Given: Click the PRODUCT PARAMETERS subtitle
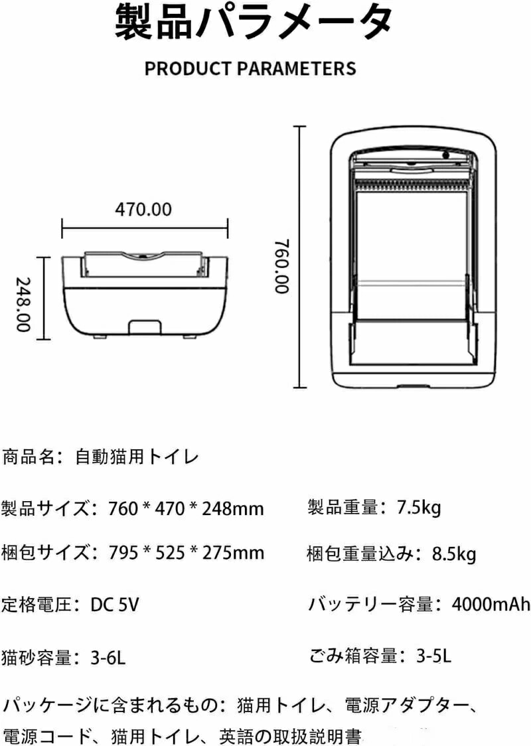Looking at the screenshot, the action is tap(250, 68).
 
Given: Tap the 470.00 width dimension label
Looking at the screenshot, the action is tap(143, 209).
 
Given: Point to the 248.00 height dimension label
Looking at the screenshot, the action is tap(23, 305).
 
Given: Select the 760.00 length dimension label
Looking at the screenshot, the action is tap(281, 266).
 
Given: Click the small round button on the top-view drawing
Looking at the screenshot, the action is tap(446, 155).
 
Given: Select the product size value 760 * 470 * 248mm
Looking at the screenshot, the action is tap(186, 508).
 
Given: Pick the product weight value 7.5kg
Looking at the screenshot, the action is tap(419, 508).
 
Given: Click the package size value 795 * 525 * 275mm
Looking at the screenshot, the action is tap(186, 552).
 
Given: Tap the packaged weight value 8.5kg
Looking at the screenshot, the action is tap(454, 554).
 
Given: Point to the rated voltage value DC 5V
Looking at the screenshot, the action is tap(115, 605).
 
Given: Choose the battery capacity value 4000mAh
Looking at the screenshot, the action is tap(491, 604).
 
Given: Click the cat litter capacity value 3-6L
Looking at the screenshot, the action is tap(108, 658).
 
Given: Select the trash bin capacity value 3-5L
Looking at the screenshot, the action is tap(433, 656).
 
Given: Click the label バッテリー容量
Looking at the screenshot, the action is tap(371, 604).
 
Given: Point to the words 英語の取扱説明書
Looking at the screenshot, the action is tap(290, 737).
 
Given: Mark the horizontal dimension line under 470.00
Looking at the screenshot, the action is tap(145, 228).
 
